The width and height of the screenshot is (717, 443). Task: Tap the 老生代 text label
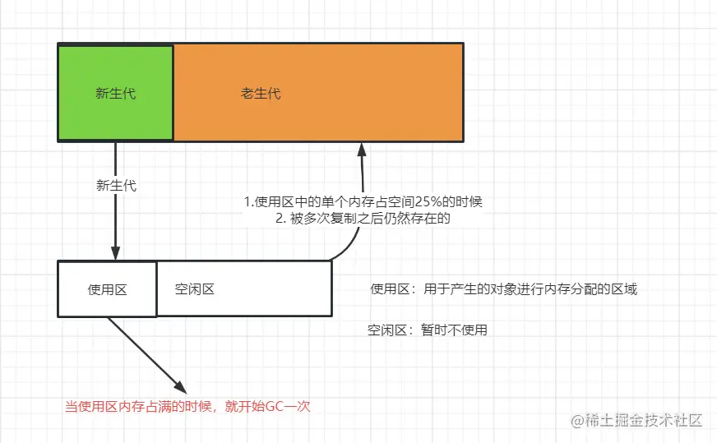[x=261, y=94]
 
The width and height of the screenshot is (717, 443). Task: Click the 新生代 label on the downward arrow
[x=116, y=185]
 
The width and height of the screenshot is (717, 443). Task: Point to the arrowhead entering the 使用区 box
[x=116, y=252]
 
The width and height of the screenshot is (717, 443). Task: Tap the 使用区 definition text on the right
[x=503, y=289]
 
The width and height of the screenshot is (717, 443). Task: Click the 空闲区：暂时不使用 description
[x=428, y=331]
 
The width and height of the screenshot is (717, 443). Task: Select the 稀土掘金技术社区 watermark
[x=637, y=420]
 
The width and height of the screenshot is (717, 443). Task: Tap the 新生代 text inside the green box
[x=116, y=94]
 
